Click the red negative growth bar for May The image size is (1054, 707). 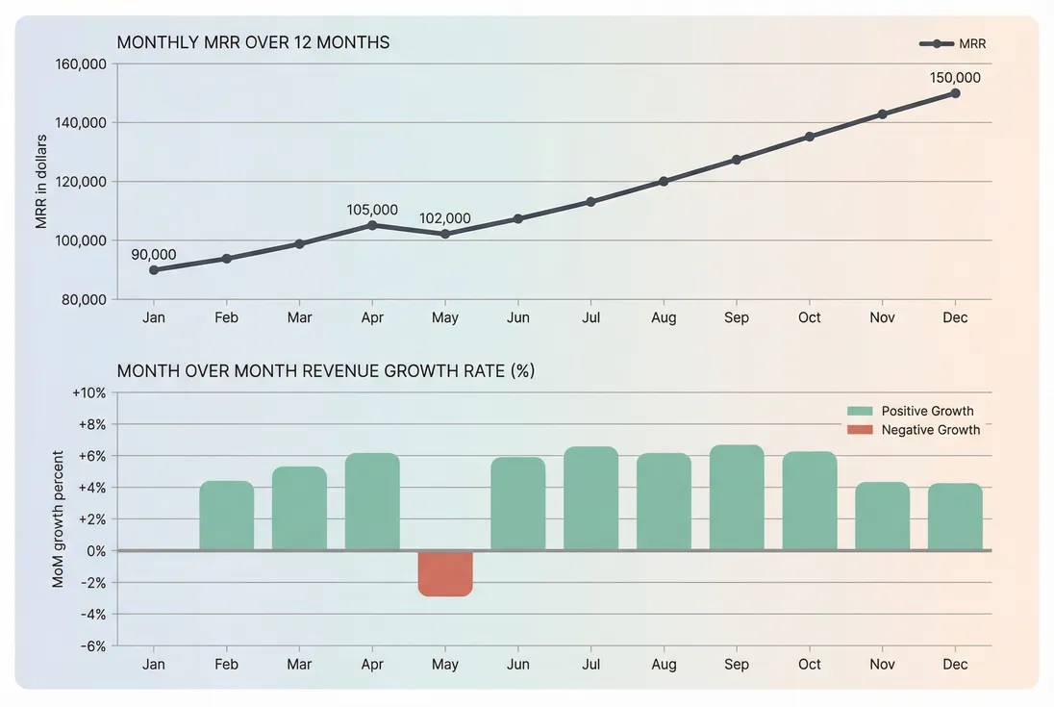pyautogui.click(x=445, y=573)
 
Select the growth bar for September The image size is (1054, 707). pyautogui.click(x=737, y=498)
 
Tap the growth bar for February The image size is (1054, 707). pyautogui.click(x=226, y=516)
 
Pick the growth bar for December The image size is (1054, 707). pyautogui.click(x=955, y=517)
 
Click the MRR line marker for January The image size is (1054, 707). pyautogui.click(x=154, y=270)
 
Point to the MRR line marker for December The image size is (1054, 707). pyautogui.click(x=955, y=93)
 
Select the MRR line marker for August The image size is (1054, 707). pyautogui.click(x=664, y=181)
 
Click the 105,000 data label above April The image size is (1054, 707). pyautogui.click(x=372, y=210)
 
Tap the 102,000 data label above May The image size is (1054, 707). pyautogui.click(x=445, y=218)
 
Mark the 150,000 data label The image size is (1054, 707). pyautogui.click(x=955, y=78)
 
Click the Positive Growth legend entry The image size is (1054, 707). pyautogui.click(x=910, y=411)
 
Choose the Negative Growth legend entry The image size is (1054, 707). pyautogui.click(x=913, y=430)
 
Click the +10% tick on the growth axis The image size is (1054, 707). pyautogui.click(x=88, y=392)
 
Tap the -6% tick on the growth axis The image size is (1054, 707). pyautogui.click(x=90, y=645)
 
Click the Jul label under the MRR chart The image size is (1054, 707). pyautogui.click(x=590, y=317)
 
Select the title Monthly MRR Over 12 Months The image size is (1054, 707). pyautogui.click(x=253, y=42)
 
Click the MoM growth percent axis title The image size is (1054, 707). pyautogui.click(x=59, y=518)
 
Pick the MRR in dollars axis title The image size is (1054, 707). pyautogui.click(x=41, y=181)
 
